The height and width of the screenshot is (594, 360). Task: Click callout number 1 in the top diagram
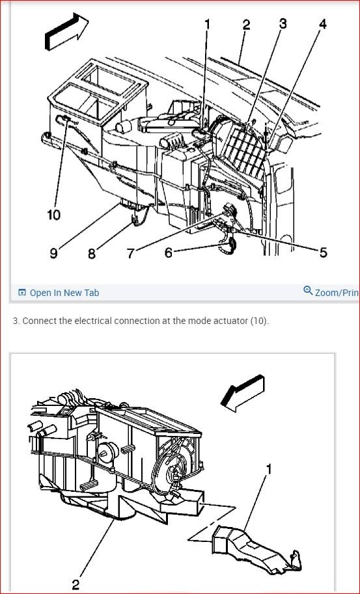pos(208,25)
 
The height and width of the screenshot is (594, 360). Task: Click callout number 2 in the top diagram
pos(246,25)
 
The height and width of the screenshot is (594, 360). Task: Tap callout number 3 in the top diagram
pos(283,23)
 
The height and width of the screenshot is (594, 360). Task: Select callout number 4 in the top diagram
pos(322,25)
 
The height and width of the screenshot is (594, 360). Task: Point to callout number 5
pos(323,252)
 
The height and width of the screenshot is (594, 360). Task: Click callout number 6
pos(169,252)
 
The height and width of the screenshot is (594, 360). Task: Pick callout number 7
pos(130,253)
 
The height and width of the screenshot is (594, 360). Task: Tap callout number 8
pos(92,253)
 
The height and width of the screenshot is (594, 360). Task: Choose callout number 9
pos(53,252)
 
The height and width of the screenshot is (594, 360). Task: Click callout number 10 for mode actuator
pos(54,214)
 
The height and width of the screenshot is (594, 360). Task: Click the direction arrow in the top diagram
pos(66,33)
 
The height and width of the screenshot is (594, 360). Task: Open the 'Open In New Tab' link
pos(64,293)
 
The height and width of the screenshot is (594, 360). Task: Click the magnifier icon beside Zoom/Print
pos(308,291)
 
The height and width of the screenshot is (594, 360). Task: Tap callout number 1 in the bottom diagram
pos(269,468)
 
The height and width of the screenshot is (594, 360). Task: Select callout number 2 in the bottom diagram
pos(76,584)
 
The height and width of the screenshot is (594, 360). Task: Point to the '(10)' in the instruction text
pos(259,321)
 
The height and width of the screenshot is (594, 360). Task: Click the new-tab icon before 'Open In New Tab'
pos(22,293)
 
